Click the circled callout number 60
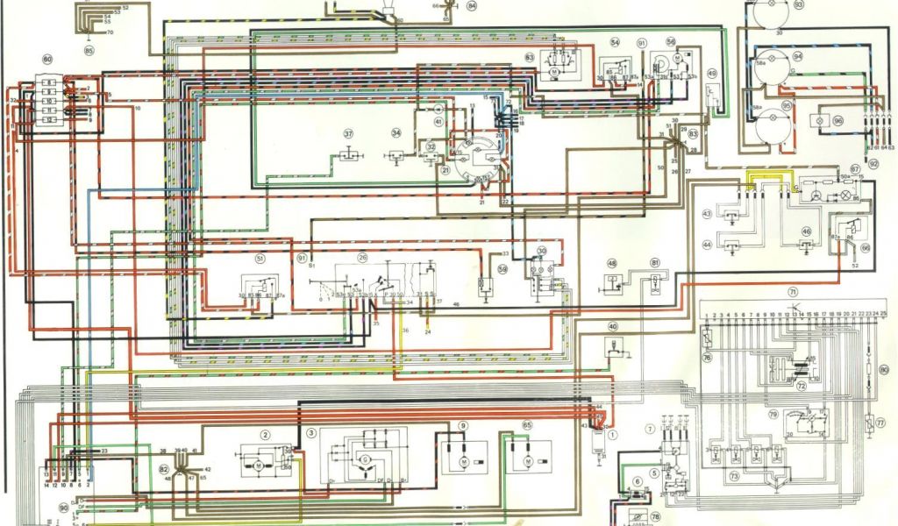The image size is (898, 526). pyautogui.click(x=46, y=60)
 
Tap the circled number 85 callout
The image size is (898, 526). pyautogui.click(x=89, y=51)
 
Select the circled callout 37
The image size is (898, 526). pyautogui.click(x=348, y=134)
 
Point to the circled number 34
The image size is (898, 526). pyautogui.click(x=396, y=133)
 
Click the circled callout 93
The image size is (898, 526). pyautogui.click(x=798, y=4)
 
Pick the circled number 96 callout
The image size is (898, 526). pyautogui.click(x=837, y=121)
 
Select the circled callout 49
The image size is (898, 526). pyautogui.click(x=712, y=74)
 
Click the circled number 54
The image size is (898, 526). pyautogui.click(x=615, y=43)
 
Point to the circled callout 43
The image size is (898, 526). pyautogui.click(x=707, y=214)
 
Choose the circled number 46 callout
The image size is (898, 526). pyautogui.click(x=806, y=231)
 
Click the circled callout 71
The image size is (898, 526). pyautogui.click(x=792, y=291)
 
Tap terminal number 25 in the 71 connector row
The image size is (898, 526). pyautogui.click(x=893, y=313)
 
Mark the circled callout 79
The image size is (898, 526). pyautogui.click(x=773, y=413)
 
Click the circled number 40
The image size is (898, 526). pyautogui.click(x=612, y=326)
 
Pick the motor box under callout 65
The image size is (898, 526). pyautogui.click(x=527, y=458)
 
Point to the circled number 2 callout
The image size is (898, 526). pyautogui.click(x=263, y=434)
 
